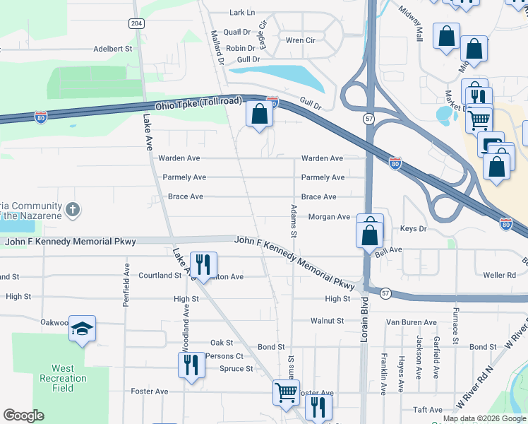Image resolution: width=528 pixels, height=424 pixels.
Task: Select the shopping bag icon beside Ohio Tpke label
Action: point(259,113)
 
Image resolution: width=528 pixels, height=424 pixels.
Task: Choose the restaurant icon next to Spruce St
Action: point(191,365)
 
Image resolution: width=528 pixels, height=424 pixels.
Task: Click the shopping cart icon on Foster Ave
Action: point(286,391)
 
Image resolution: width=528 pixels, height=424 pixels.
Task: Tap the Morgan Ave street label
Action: point(329,217)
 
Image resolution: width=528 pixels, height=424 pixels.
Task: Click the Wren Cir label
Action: point(300,40)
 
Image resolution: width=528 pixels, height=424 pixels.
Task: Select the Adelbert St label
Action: point(114,49)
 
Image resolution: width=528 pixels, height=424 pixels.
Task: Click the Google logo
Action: point(24,416)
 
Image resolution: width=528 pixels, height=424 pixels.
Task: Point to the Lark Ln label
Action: point(242,13)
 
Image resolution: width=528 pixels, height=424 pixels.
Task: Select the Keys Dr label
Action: point(414,229)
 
